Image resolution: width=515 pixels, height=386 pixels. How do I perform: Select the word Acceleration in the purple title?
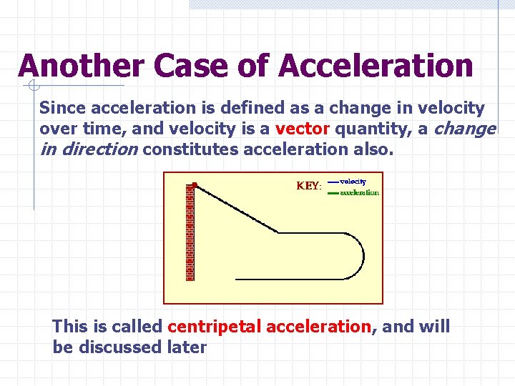click(x=376, y=66)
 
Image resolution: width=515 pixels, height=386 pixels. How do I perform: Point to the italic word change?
click(x=464, y=129)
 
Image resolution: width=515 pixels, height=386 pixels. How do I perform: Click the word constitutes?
click(x=191, y=150)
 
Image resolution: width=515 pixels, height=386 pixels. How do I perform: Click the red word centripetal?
click(x=214, y=327)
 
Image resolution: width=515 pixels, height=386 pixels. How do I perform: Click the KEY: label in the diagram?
click(x=309, y=186)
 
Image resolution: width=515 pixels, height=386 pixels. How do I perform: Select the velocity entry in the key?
click(x=353, y=182)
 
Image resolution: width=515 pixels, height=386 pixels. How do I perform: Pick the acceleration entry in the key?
click(x=359, y=192)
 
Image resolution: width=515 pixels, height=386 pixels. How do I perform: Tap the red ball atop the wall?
click(x=195, y=184)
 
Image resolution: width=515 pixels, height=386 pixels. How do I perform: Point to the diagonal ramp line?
click(x=236, y=209)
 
